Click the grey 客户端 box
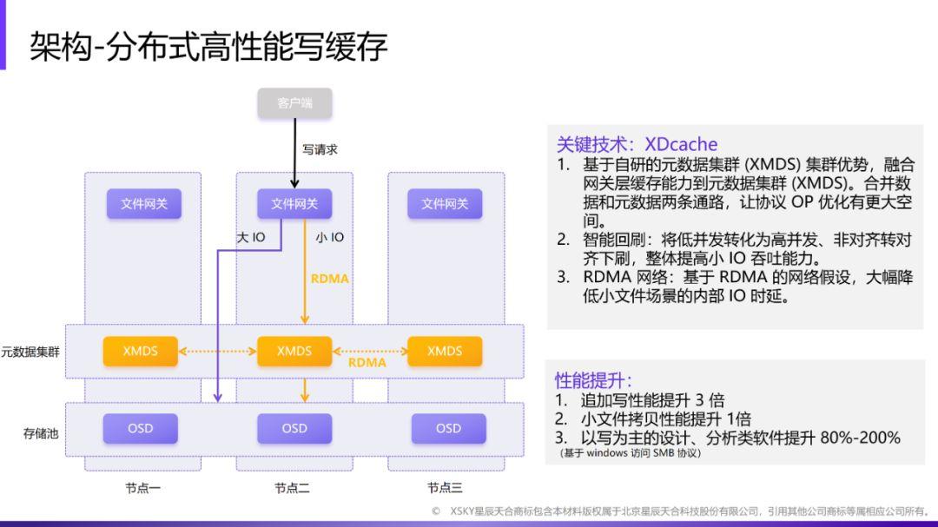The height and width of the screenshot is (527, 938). click(x=294, y=103)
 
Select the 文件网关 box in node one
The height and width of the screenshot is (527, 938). click(x=143, y=204)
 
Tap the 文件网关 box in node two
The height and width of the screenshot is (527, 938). click(x=294, y=204)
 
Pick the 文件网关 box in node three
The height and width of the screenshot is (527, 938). click(x=445, y=204)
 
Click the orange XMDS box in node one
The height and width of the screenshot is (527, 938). click(x=140, y=351)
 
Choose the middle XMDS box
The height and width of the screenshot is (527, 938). click(x=294, y=351)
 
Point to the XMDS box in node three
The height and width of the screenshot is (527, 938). click(x=445, y=351)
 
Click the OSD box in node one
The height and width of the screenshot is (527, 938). click(x=140, y=428)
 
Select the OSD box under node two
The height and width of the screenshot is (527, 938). click(x=294, y=428)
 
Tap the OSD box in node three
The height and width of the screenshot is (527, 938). click(x=448, y=428)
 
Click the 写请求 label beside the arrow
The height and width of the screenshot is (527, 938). click(x=320, y=149)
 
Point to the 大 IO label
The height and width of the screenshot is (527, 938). click(x=251, y=237)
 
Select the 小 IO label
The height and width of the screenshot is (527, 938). click(x=329, y=237)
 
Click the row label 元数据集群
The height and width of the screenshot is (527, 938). click(x=30, y=352)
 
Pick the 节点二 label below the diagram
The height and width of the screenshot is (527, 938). click(x=292, y=488)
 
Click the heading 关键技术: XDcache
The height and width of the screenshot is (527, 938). click(x=637, y=144)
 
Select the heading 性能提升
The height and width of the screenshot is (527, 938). click(x=594, y=380)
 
